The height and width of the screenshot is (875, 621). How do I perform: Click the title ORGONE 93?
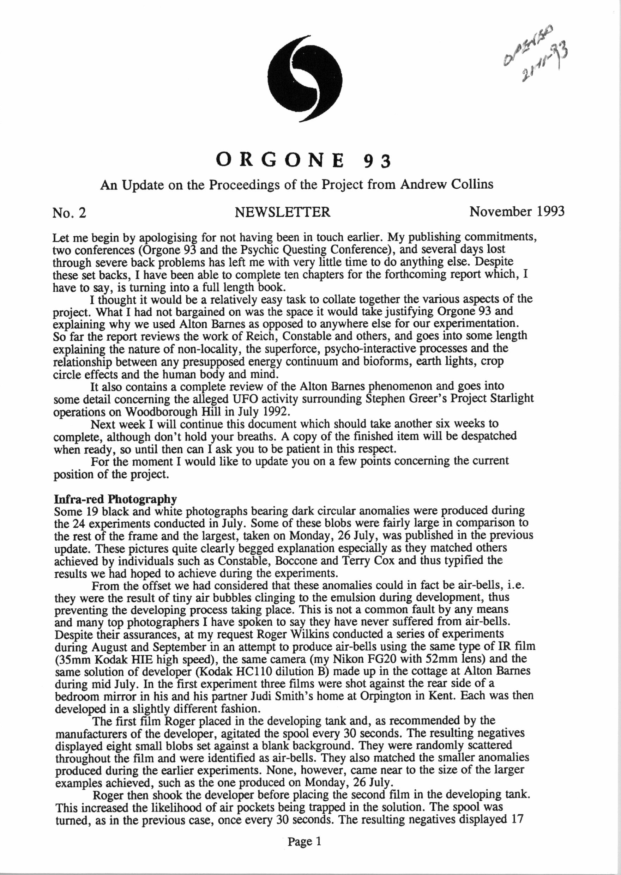pos(304,160)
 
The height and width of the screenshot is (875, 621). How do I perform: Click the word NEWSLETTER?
pos(282,212)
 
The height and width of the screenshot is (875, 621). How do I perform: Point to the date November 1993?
pos(517,211)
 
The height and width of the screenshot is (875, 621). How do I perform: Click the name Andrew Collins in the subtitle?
pos(446,185)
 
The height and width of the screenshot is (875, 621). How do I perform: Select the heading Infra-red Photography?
pos(115,499)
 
